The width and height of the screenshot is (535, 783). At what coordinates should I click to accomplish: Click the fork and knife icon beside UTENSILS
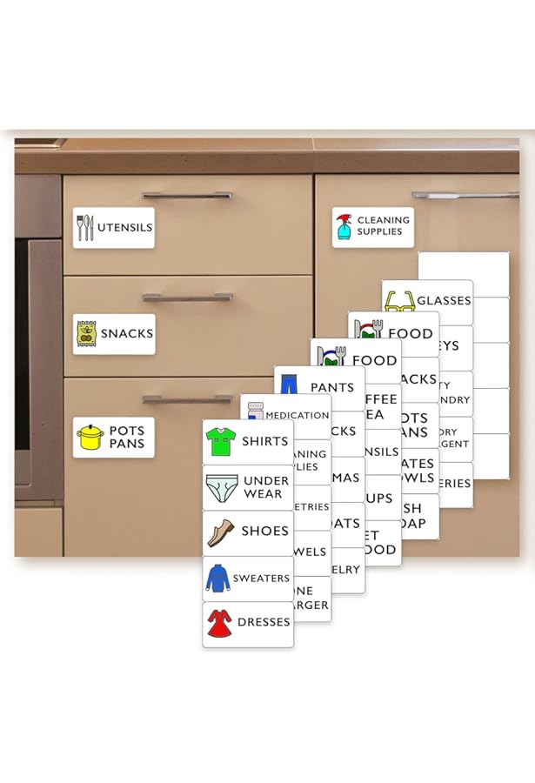click(x=84, y=228)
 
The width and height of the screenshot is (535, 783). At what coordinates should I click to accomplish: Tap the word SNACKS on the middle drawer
click(x=127, y=334)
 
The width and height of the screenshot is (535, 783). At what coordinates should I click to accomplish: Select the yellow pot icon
click(x=90, y=437)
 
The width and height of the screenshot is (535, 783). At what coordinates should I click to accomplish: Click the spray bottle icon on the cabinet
click(x=344, y=227)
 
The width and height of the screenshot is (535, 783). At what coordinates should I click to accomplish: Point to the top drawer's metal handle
click(x=187, y=196)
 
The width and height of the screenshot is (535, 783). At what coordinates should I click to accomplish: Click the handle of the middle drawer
click(x=187, y=298)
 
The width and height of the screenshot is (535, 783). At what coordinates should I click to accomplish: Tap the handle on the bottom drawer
click(x=187, y=399)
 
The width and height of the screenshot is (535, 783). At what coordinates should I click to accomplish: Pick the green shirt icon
click(x=221, y=442)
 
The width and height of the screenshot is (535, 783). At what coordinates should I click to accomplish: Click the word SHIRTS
click(x=265, y=442)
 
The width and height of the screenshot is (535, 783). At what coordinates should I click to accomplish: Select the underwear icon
click(x=221, y=487)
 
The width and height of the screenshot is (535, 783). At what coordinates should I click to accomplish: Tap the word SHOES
click(x=265, y=532)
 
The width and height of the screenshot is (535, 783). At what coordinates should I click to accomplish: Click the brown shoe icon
click(x=221, y=532)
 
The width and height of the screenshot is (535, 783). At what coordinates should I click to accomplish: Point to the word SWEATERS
click(x=261, y=579)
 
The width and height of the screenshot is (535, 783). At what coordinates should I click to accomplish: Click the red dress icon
click(x=219, y=623)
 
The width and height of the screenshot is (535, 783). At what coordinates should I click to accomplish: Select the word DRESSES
click(x=264, y=623)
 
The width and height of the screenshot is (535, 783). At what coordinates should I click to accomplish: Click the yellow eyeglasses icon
click(x=399, y=302)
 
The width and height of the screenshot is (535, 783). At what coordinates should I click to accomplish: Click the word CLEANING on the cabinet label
click(x=383, y=221)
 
